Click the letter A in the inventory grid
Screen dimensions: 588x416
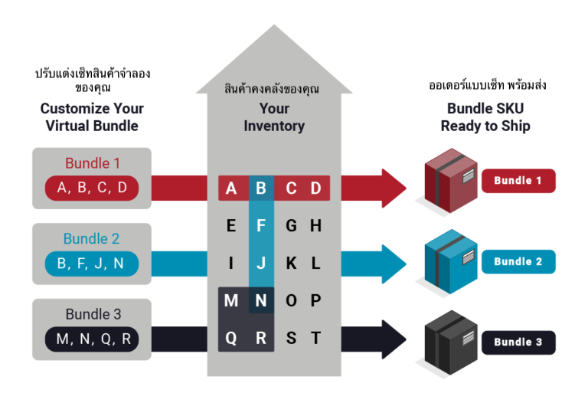click(x=231, y=188)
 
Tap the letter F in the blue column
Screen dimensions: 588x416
click(x=261, y=226)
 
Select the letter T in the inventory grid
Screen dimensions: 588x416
click(x=315, y=338)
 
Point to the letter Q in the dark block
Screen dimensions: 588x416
click(x=231, y=339)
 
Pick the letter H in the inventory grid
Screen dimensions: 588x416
click(x=315, y=226)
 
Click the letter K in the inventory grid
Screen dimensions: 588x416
click(x=292, y=264)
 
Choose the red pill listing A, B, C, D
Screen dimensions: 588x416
click(x=92, y=188)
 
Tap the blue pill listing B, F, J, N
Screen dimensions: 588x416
click(x=92, y=264)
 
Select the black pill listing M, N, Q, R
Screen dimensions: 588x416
click(x=92, y=339)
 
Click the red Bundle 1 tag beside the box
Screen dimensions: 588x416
click(x=518, y=181)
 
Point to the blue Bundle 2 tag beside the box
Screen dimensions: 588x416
click(x=518, y=262)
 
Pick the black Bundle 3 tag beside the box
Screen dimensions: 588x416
click(x=518, y=342)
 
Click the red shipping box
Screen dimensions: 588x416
click(x=451, y=181)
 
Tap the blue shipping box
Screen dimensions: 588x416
click(x=451, y=261)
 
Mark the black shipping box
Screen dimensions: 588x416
click(x=451, y=342)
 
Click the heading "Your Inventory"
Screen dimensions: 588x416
click(x=274, y=117)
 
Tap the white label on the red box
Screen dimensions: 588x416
click(x=469, y=175)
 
